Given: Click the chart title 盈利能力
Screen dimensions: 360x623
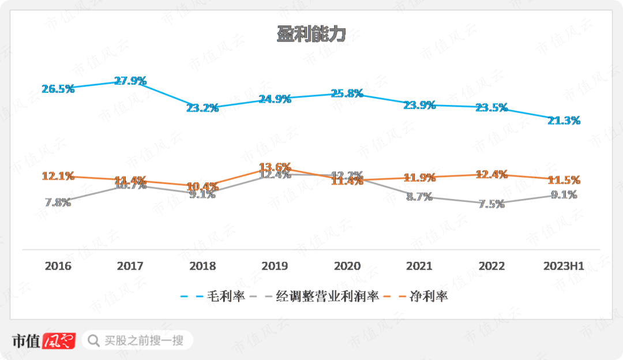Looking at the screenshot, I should (x=311, y=34).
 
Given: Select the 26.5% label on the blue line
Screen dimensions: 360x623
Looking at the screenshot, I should (x=58, y=89).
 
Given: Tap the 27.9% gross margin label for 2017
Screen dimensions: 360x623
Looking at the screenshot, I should (x=130, y=81).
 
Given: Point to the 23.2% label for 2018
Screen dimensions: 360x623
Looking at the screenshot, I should (x=202, y=107).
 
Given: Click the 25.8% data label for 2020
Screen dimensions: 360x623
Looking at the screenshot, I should (x=347, y=93).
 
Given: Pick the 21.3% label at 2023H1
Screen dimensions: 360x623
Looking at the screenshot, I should (x=564, y=120).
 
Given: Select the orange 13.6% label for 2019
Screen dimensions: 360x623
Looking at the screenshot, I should (x=275, y=167).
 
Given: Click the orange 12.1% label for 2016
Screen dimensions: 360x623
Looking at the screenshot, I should (x=58, y=176).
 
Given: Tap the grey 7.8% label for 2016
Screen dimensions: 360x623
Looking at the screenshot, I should (x=58, y=202).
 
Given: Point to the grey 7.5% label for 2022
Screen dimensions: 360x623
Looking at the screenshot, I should (x=491, y=204).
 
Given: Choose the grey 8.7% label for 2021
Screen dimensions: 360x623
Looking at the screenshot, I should (x=419, y=197).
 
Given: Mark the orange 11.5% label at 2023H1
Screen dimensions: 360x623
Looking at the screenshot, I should (x=564, y=180).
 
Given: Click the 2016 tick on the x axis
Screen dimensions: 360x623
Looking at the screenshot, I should (x=58, y=266).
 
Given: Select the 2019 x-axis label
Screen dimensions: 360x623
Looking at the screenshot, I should (x=275, y=266).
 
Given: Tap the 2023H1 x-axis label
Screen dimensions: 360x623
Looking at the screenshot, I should (x=564, y=266).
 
